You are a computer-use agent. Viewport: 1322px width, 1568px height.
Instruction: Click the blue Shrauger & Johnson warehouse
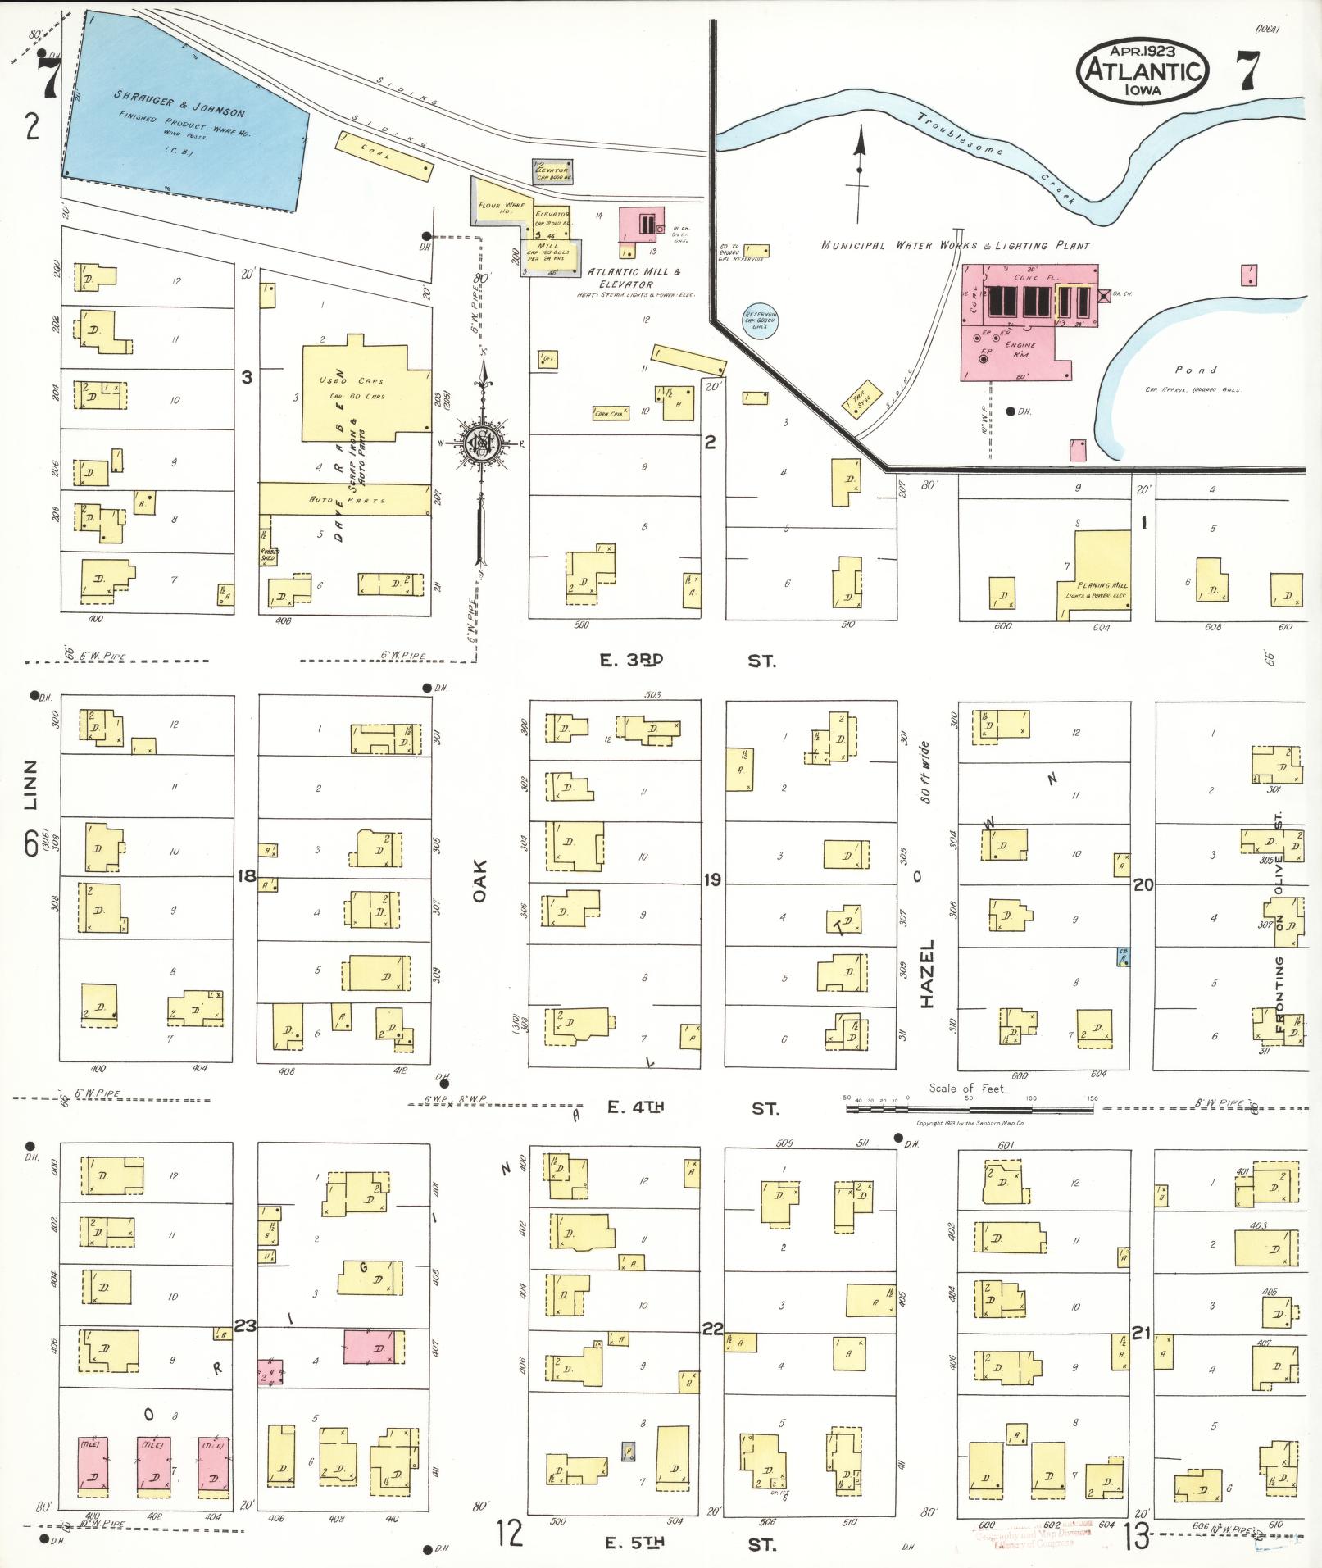pyautogui.click(x=184, y=115)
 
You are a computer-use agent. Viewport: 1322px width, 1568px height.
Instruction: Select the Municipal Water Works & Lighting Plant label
pyautogui.click(x=956, y=245)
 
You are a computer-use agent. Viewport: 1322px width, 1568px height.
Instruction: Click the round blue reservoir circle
pyautogui.click(x=760, y=320)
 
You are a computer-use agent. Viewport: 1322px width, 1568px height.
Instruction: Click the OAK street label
pyautogui.click(x=479, y=881)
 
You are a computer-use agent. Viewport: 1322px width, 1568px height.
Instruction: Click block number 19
pyautogui.click(x=711, y=879)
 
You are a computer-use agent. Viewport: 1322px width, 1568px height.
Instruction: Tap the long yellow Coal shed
pyautogui.click(x=384, y=156)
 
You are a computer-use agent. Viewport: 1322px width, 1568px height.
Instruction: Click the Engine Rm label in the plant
pyautogui.click(x=1020, y=350)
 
